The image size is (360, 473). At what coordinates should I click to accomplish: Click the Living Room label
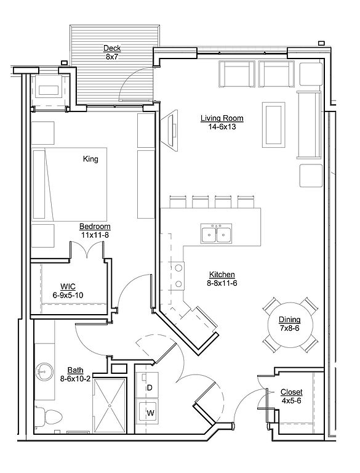coord(222,118)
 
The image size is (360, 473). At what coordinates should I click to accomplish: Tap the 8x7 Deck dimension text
coord(112,57)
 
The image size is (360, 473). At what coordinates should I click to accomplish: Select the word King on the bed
coord(90,159)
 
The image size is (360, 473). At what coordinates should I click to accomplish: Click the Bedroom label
coord(95,227)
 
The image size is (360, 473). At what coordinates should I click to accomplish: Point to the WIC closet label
coord(68,286)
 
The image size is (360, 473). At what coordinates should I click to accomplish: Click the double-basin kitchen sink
coord(216,233)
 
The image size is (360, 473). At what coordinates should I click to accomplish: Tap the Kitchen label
coord(222,275)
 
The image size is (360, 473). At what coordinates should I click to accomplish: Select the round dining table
coord(290,325)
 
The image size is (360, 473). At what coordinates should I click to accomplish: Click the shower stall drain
coord(110,406)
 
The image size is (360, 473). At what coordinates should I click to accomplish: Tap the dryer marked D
coord(147,384)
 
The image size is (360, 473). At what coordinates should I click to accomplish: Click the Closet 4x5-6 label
coord(291,397)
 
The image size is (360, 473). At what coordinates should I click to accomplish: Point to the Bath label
coord(75,370)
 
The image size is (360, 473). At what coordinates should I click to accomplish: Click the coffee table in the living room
coord(273,124)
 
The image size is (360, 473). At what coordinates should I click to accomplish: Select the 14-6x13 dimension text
coord(222,127)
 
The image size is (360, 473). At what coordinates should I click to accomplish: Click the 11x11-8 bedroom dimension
coord(95,235)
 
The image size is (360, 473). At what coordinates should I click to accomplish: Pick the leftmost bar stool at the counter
coord(178,201)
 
